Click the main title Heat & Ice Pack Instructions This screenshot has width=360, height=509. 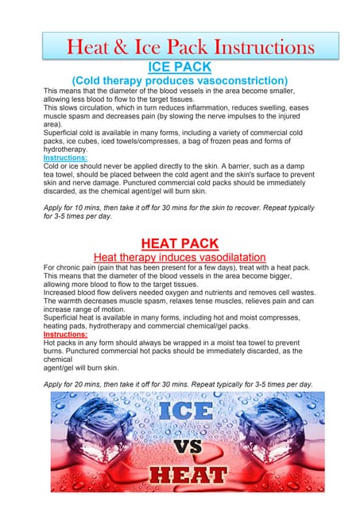(180, 45)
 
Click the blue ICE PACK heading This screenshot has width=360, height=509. (180, 66)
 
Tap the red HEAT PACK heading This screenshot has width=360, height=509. (180, 243)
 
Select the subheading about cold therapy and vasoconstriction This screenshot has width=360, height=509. (180, 80)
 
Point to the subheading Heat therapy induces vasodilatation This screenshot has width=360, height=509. (180, 258)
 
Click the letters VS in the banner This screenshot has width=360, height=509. (184, 445)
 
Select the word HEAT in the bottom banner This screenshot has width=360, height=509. (184, 477)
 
